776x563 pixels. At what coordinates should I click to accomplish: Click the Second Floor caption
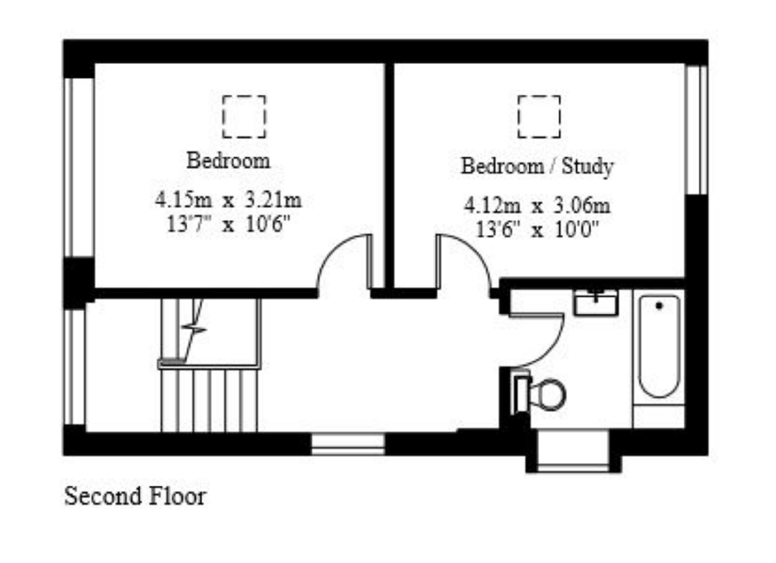pyautogui.click(x=135, y=496)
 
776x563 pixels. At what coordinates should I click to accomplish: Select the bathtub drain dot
pyautogui.click(x=659, y=306)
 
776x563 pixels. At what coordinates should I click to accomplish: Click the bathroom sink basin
pyautogui.click(x=596, y=303)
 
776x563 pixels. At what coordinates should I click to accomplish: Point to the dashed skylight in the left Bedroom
pyautogui.click(x=244, y=117)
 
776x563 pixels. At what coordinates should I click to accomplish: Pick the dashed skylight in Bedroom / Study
pyautogui.click(x=539, y=117)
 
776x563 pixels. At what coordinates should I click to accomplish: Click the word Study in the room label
pyautogui.click(x=587, y=166)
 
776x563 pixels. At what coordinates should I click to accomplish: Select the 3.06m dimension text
pyautogui.click(x=582, y=206)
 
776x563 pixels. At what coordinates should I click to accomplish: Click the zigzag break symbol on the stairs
pyautogui.click(x=194, y=329)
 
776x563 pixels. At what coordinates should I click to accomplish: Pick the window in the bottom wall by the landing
pyautogui.click(x=348, y=444)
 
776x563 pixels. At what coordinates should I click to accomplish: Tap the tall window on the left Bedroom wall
pyautogui.click(x=79, y=167)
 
